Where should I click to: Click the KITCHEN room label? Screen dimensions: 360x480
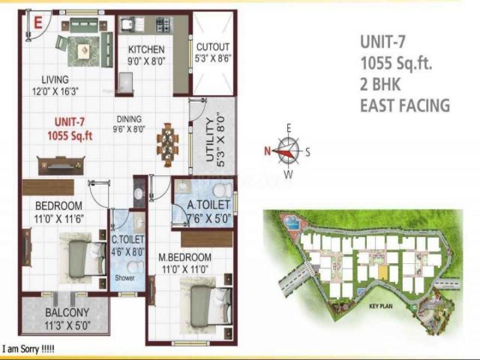pos(146,50)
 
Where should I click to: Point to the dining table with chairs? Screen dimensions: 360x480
pos(168,144)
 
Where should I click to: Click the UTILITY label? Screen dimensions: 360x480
pos(210,143)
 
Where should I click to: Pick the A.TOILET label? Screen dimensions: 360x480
pos(208,205)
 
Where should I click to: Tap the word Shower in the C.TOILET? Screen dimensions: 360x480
pos(125,278)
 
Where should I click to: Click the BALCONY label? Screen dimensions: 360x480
pos(67,312)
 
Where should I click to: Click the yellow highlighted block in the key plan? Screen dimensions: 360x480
pos(383,273)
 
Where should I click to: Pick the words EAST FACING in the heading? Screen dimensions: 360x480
pos(405,106)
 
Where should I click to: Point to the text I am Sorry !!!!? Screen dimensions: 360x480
pos(28,349)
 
